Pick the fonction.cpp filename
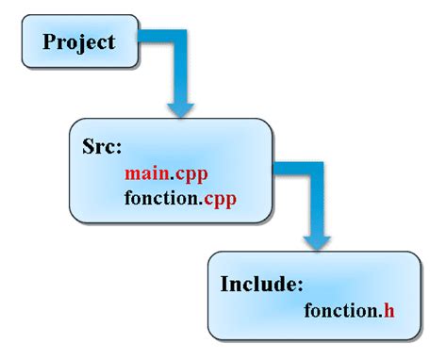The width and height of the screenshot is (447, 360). [179, 199]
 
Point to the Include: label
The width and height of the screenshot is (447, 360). [260, 284]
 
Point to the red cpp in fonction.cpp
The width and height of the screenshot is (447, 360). [217, 200]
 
